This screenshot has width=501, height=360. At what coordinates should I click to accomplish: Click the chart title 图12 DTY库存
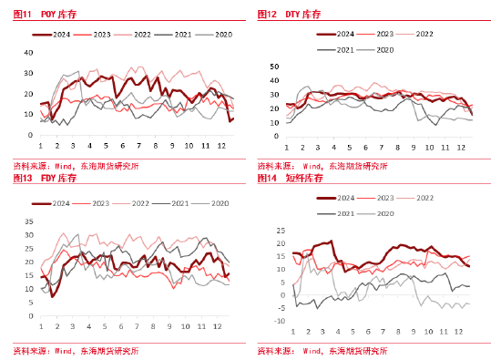click(x=291, y=14)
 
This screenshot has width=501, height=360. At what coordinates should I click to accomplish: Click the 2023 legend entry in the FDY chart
click(x=100, y=203)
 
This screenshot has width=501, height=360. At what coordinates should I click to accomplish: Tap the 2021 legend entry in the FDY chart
click(x=179, y=203)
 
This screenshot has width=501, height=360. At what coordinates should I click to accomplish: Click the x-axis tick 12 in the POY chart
click(x=222, y=146)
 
